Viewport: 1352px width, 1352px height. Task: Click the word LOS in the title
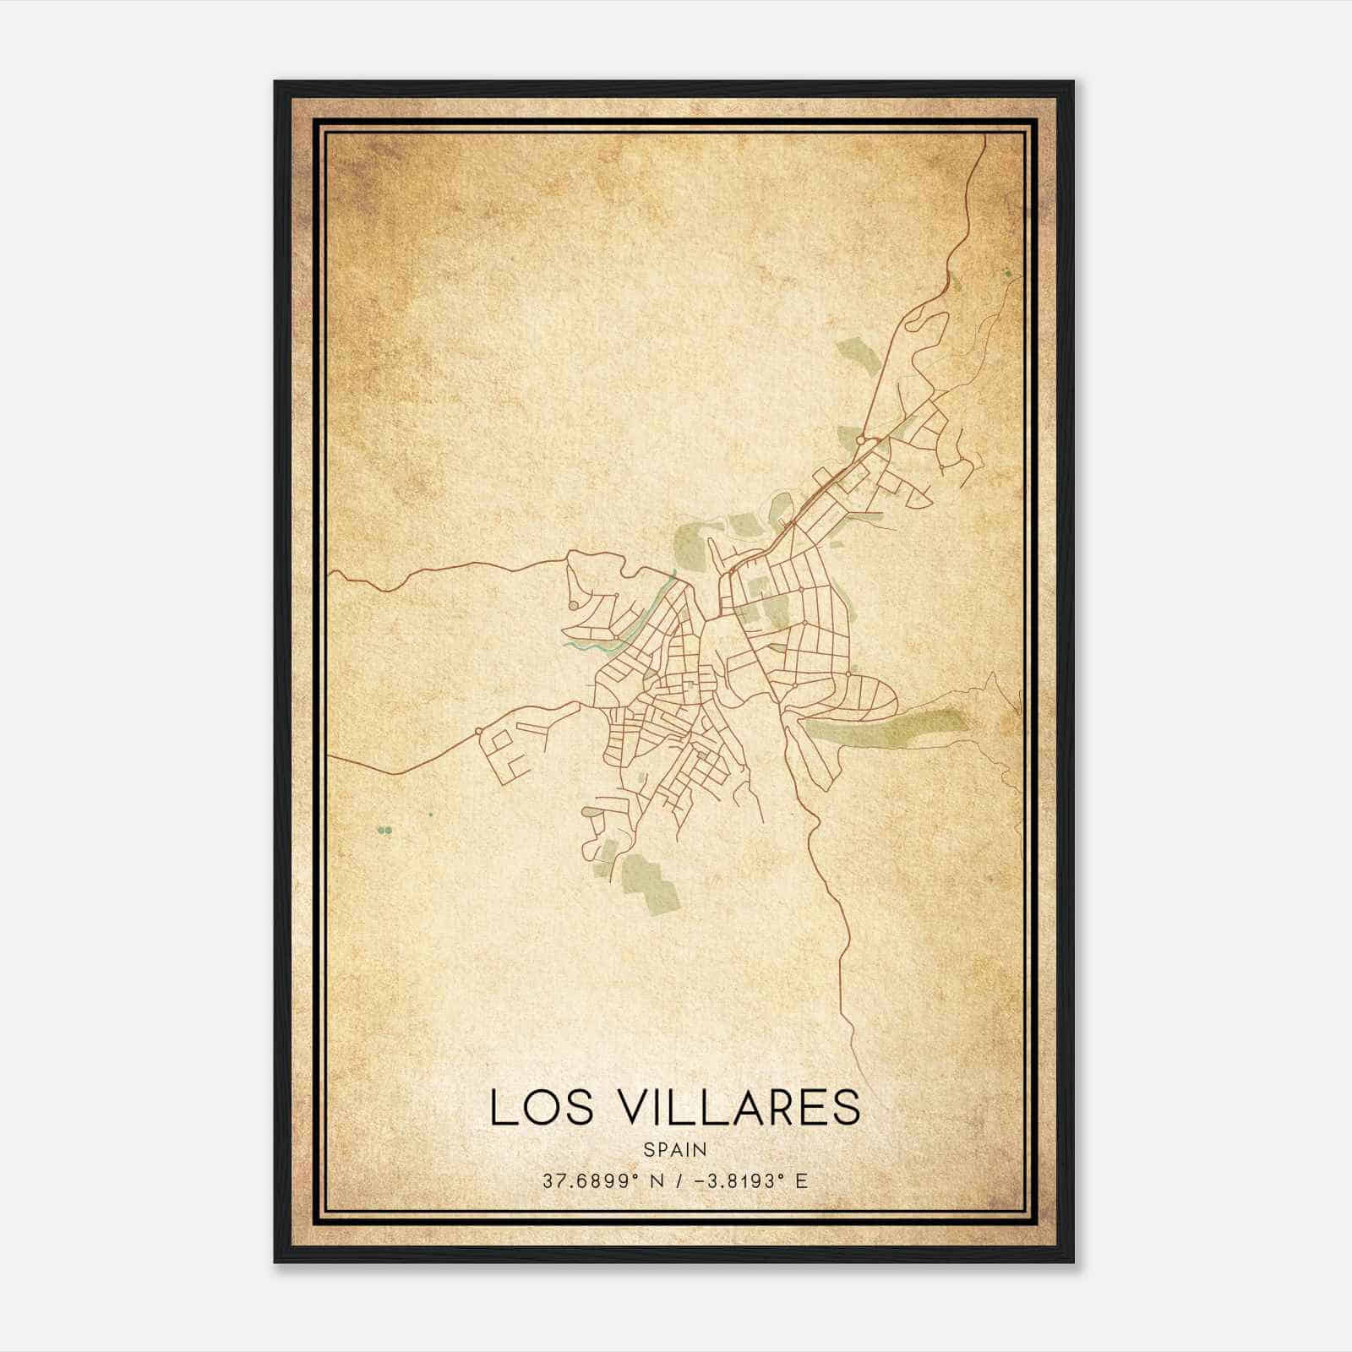coord(542,1108)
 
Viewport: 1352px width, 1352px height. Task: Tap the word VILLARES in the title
coord(747,1108)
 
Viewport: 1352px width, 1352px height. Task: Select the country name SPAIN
coord(675,1149)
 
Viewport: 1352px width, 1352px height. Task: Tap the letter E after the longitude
coord(802,1180)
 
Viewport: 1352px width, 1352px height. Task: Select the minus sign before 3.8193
coord(698,1180)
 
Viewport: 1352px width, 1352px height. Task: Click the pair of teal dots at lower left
coord(385,831)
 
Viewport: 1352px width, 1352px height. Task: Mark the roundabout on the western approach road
coord(478,730)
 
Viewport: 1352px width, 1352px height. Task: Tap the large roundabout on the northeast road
coord(861,440)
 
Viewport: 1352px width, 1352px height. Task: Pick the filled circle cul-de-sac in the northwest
coord(573,605)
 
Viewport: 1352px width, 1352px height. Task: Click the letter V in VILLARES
coord(648,1108)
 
